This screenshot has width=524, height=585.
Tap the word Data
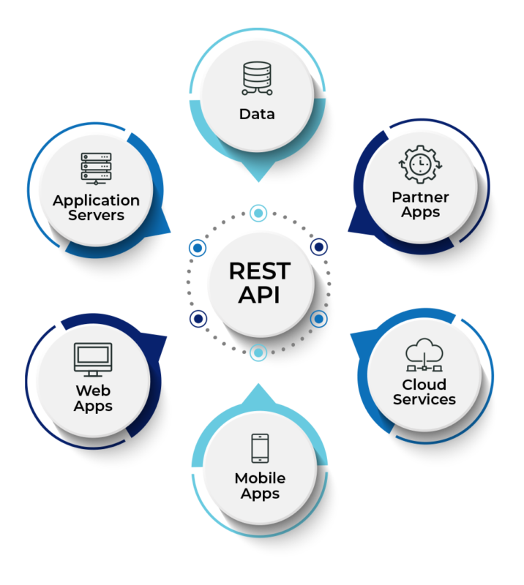pos(257,114)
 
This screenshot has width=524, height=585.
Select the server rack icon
pos(96,168)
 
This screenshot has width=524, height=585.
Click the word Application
pos(96,200)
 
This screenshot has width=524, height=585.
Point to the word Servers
pos(96,216)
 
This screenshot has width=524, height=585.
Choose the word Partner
pos(420,197)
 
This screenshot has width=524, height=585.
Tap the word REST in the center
pos(259,271)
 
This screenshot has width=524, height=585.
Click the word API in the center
pos(259,296)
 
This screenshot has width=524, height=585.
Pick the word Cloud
pos(424,385)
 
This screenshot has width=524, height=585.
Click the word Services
pos(424,400)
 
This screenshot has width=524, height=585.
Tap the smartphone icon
pos(260,448)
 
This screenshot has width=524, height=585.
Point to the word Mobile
pos(260,478)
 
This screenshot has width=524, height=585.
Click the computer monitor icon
pos(93,359)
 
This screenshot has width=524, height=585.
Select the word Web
pos(93,390)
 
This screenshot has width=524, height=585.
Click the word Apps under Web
pos(93,406)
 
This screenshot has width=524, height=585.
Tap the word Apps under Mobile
pos(260,494)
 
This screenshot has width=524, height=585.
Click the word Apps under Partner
pos(420,213)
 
